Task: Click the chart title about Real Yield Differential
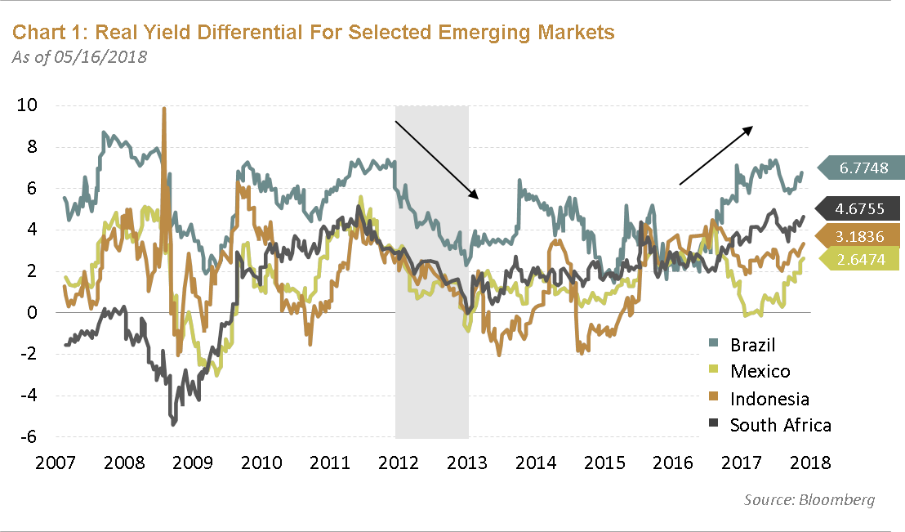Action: coord(314,33)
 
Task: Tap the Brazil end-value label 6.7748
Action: coord(863,168)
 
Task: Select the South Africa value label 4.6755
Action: coord(863,209)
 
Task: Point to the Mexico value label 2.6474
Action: coord(863,260)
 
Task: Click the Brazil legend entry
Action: coord(752,345)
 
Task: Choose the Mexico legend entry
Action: coord(760,372)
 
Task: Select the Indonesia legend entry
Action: coord(769,398)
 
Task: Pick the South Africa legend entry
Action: coord(780,425)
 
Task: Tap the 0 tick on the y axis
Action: coord(32,312)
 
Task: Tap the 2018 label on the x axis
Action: coord(809,463)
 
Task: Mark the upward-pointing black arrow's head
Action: coord(751,127)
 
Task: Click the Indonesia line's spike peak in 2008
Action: coord(164,109)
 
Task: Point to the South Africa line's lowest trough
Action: coord(173,423)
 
